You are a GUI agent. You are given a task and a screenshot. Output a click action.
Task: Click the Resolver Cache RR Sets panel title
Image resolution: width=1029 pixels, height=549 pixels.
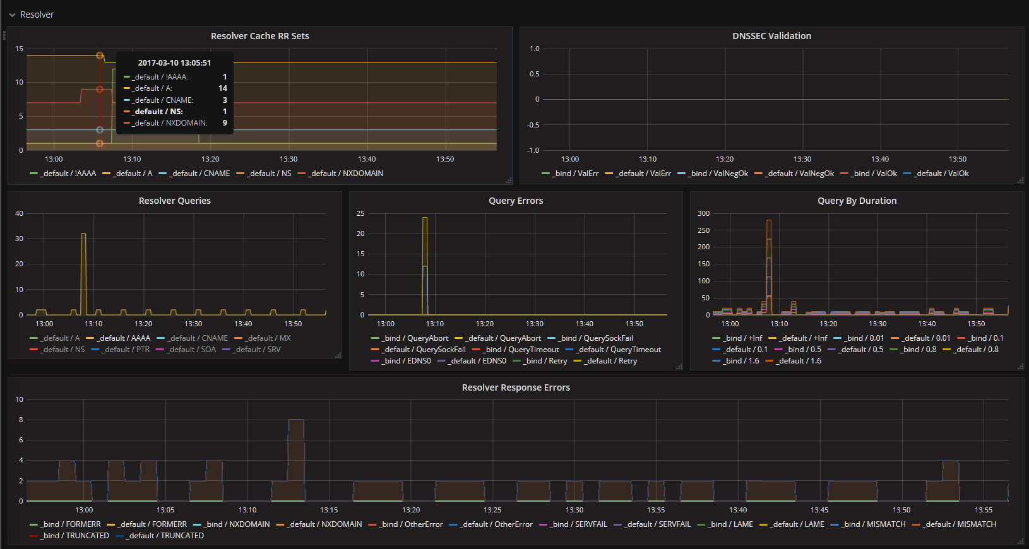pyautogui.click(x=259, y=36)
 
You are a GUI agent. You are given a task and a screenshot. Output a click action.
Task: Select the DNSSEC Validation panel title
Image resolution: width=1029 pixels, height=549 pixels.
pyautogui.click(x=771, y=36)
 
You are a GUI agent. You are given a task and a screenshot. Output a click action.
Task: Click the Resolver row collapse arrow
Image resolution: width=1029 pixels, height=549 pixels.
pyautogui.click(x=12, y=15)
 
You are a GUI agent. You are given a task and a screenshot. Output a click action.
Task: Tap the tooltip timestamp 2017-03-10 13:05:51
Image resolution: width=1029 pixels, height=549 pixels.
pyautogui.click(x=174, y=63)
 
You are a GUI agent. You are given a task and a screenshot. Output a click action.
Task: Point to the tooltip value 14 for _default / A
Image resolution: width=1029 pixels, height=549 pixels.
pyautogui.click(x=222, y=88)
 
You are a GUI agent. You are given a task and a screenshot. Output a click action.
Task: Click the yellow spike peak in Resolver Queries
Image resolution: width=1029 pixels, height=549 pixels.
pyautogui.click(x=83, y=235)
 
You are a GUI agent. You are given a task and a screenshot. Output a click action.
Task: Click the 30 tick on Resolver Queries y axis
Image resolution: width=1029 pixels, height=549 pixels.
pyautogui.click(x=20, y=239)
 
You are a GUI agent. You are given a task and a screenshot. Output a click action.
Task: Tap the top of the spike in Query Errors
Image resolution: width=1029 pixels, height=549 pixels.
pyautogui.click(x=425, y=218)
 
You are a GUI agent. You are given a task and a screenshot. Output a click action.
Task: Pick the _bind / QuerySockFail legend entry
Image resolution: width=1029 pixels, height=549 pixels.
pyautogui.click(x=596, y=338)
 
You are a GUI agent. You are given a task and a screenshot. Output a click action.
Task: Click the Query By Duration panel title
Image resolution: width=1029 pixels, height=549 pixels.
pyautogui.click(x=857, y=201)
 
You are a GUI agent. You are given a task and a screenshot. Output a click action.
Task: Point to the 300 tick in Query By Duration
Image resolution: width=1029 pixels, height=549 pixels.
pyautogui.click(x=703, y=213)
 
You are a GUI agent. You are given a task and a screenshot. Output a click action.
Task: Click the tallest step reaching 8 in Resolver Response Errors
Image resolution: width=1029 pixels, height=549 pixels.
pyautogui.click(x=295, y=420)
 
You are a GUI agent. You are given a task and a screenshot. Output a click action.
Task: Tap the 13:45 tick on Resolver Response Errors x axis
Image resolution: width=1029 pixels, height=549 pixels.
pyautogui.click(x=819, y=510)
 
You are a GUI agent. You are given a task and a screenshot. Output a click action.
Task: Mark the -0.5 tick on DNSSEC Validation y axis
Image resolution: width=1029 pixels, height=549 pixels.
pyautogui.click(x=533, y=125)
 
